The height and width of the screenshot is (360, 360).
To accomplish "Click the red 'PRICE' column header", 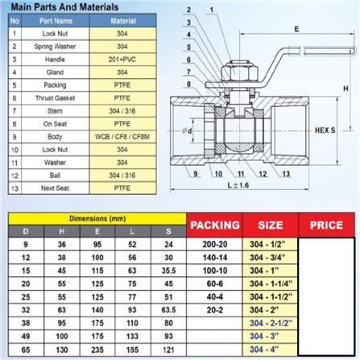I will [325, 225].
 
